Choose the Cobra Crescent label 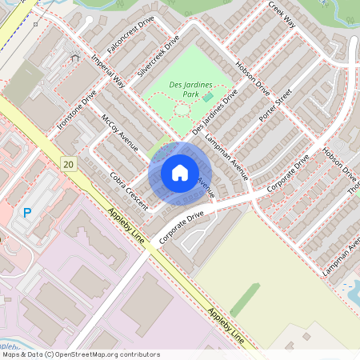click(x=129, y=190)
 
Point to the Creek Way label click(x=282, y=14)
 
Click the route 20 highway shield click(x=68, y=164)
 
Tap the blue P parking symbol click(x=27, y=213)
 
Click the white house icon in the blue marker click(x=180, y=173)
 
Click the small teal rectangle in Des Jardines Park click(x=208, y=97)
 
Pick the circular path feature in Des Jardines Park click(x=182, y=110)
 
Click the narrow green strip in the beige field click(x=246, y=299)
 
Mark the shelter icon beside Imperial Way click(x=75, y=57)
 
